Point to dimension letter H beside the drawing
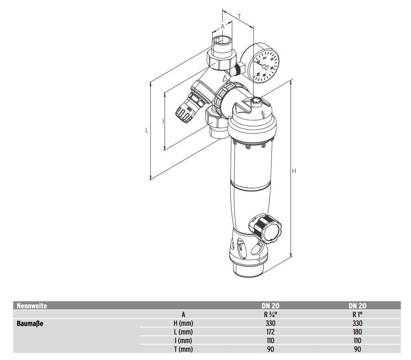click(x=294, y=171)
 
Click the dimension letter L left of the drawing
click(x=147, y=130)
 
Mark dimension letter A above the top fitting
click(x=223, y=27)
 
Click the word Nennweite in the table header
click(x=32, y=306)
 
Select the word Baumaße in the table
click(x=30, y=324)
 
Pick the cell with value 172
click(x=270, y=332)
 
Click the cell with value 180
click(x=357, y=332)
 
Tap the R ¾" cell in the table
click(x=270, y=314)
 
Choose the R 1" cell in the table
click(x=357, y=314)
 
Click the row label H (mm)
click(x=183, y=324)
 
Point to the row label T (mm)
click(x=183, y=350)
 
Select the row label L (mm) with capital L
click(x=183, y=332)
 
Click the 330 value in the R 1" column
click(x=357, y=324)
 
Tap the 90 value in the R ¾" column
click(x=270, y=350)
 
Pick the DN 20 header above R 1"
click(x=357, y=306)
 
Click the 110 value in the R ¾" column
click(x=270, y=341)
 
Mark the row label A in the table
click(x=183, y=314)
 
